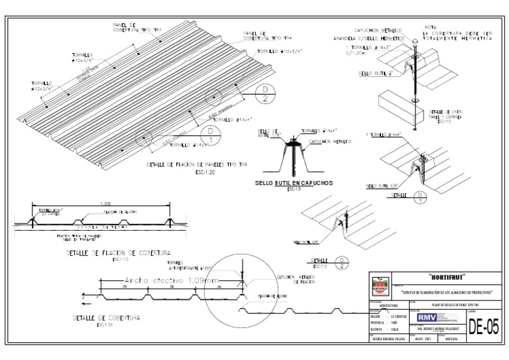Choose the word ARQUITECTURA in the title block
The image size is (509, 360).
[389, 306]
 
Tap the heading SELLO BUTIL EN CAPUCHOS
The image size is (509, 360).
[292, 182]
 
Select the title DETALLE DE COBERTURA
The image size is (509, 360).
[97, 318]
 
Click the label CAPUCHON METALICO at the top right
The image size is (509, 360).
[378, 30]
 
